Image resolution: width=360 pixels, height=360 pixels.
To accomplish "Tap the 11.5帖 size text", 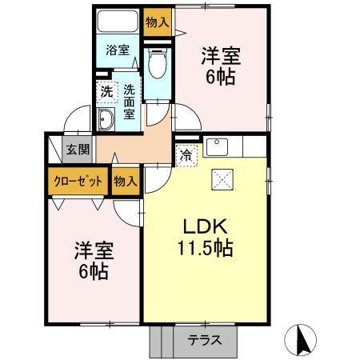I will coord(205,249).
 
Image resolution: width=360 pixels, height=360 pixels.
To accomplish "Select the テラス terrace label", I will coord(205,340).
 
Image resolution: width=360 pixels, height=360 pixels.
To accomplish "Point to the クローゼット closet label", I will coord(78,181).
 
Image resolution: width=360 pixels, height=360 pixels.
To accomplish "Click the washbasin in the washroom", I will coord(106,121).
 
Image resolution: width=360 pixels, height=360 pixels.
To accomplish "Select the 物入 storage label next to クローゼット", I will coord(126,181).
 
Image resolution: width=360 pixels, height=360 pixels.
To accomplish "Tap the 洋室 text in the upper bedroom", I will coord(220,56).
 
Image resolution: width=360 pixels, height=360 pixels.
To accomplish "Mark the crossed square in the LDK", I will coord(222,179).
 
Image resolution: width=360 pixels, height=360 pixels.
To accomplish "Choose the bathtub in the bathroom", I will coord(117,22).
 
